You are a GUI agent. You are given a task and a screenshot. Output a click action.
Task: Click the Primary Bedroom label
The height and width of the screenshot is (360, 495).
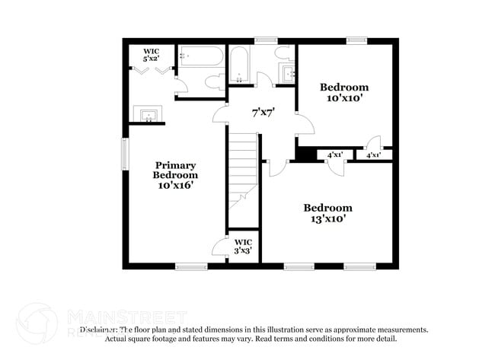pos(177,175)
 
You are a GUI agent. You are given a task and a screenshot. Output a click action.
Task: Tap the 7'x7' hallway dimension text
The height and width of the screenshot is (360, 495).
pos(263,112)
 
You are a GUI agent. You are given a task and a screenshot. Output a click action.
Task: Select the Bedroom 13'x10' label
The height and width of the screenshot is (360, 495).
pos(327,213)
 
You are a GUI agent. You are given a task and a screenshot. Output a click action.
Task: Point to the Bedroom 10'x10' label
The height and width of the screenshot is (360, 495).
pos(344,92)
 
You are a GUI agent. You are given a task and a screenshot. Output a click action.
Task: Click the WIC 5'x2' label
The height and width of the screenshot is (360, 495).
pos(151,55)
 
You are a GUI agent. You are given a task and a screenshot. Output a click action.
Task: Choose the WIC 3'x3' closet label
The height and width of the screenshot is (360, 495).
pos(243,246)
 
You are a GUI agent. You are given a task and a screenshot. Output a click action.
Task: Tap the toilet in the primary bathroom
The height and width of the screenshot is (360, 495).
pos(214,82)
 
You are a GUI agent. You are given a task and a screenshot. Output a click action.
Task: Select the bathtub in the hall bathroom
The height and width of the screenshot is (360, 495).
pos(238,64)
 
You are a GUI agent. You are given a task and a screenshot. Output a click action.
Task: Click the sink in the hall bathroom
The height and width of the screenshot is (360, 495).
pos(289,75)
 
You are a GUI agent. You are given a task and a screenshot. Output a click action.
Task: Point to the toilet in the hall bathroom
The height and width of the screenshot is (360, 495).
pos(283,53)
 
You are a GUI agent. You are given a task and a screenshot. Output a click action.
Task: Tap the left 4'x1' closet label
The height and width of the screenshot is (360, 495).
pos(335,155)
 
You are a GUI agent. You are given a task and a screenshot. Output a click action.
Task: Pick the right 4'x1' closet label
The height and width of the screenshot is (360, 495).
pos(374,155)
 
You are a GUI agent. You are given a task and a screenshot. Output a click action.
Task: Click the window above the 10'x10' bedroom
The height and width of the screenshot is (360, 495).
pos(355,40)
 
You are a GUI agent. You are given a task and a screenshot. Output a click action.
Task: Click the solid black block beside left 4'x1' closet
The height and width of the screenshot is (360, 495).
pos(305,155)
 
